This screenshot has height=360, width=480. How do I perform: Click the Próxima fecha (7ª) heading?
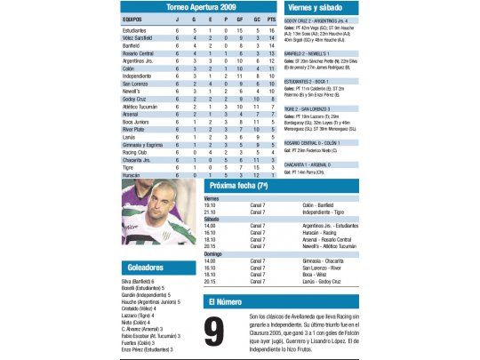pyautogui.click(x=241, y=187)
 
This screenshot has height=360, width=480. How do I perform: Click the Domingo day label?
pyautogui.click(x=213, y=253)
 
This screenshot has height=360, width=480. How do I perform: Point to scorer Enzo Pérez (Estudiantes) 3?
pyautogui.click(x=146, y=350)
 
